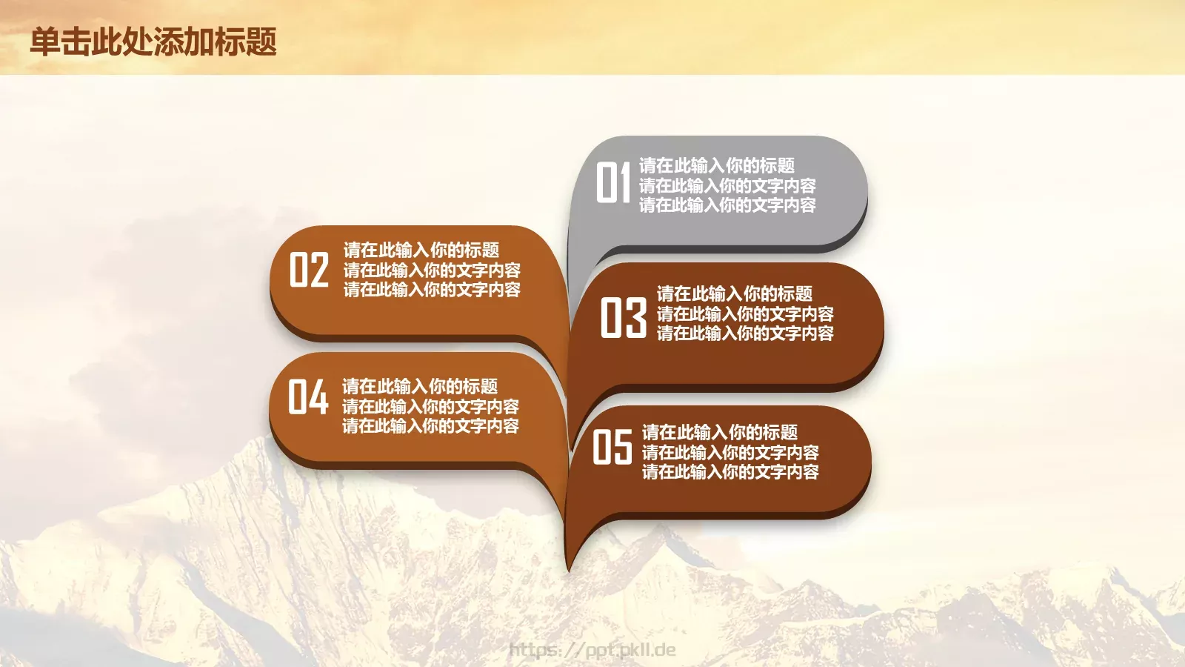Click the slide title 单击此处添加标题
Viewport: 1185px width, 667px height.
pos(153,42)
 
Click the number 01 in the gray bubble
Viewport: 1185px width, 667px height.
pos(613,182)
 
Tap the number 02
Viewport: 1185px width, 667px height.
pos(309,269)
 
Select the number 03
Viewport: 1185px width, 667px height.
pos(623,317)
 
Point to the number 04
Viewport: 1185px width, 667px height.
pos(308,397)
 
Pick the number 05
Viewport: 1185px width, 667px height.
pos(612,448)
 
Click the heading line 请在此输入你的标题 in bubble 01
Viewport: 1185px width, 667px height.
pos(716,165)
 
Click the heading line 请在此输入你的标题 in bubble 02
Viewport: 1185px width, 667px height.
pos(421,250)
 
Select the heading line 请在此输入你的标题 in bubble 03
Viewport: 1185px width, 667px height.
pos(734,293)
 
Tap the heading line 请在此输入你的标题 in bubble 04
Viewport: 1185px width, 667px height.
pos(419,386)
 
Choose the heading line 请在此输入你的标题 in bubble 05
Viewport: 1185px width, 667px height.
pos(719,432)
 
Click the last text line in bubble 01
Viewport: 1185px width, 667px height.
pos(727,205)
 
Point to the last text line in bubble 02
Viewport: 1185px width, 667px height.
pos(432,290)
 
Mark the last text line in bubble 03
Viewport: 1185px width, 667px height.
pos(745,333)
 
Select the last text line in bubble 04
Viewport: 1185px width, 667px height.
pos(430,426)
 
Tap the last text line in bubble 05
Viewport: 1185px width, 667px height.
pos(730,472)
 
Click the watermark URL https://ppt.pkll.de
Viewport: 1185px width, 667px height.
pos(592,650)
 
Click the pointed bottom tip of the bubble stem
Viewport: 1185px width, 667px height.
pos(568,569)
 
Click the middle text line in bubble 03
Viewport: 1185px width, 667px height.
pos(745,313)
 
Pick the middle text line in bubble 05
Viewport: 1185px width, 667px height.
pos(730,452)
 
